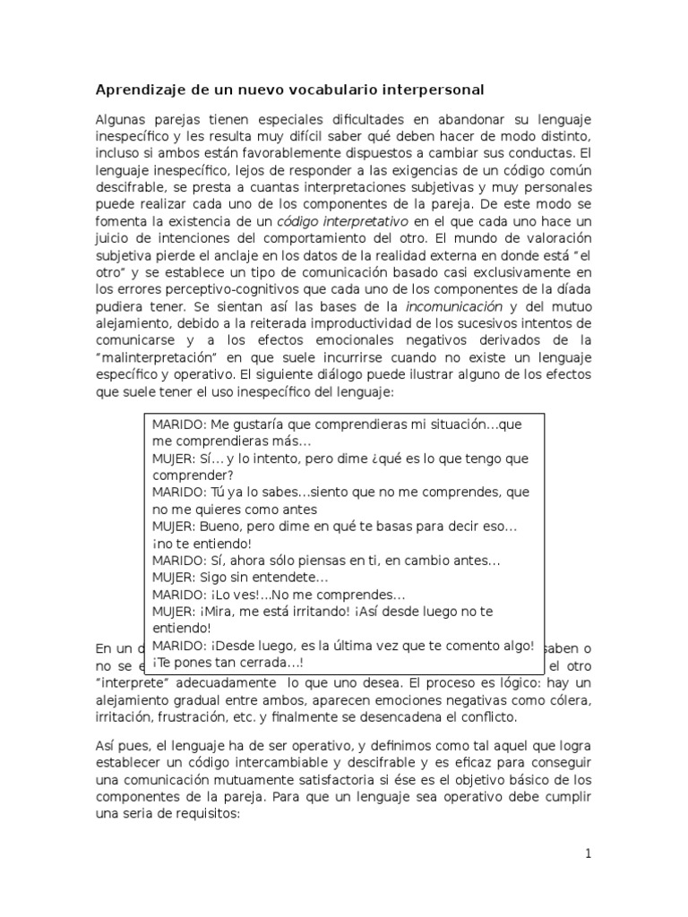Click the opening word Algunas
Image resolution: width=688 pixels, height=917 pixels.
click(122, 120)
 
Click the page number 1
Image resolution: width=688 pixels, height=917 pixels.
click(588, 853)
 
